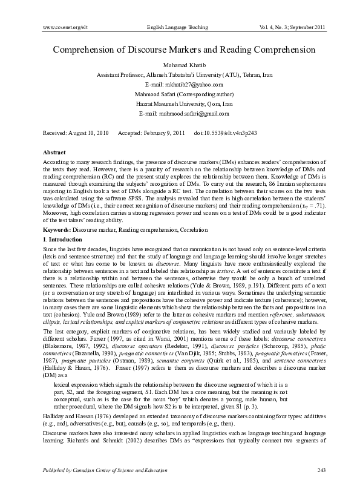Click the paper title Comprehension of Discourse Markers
pyautogui.click(x=180, y=50)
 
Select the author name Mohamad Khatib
pyautogui.click(x=180, y=65)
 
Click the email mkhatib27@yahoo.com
pyautogui.click(x=180, y=85)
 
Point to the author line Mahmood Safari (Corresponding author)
pyautogui.click(x=180, y=94)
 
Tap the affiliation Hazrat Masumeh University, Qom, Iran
pyautogui.click(x=180, y=104)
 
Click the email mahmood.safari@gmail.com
pyautogui.click(x=180, y=114)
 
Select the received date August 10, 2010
pyautogui.click(x=88, y=132)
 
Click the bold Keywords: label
pyautogui.click(x=58, y=214)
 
